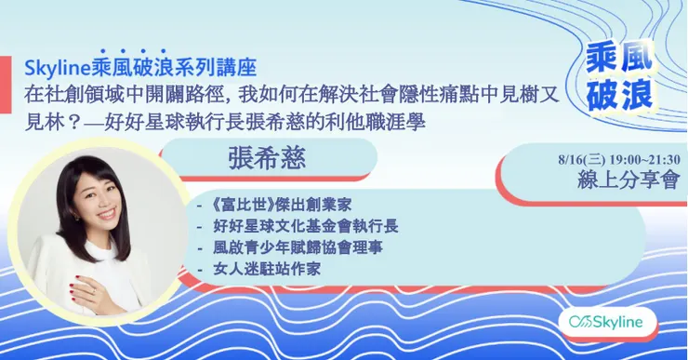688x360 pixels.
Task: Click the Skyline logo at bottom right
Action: pyautogui.click(x=606, y=322)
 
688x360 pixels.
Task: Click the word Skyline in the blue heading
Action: pyautogui.click(x=58, y=69)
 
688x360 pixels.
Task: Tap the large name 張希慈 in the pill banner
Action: pyautogui.click(x=267, y=158)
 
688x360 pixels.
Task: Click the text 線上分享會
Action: pyautogui.click(x=628, y=180)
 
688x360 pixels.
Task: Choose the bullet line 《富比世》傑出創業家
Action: pyautogui.click(x=282, y=205)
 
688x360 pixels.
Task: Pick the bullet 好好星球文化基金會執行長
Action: pyautogui.click(x=306, y=226)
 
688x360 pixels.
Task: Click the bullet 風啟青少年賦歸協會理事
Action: pyautogui.click(x=298, y=247)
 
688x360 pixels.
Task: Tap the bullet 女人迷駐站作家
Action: pyautogui.click(x=267, y=268)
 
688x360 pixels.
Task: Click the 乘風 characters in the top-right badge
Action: pyautogui.click(x=619, y=60)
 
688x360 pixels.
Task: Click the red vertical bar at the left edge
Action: pyautogui.click(x=6, y=85)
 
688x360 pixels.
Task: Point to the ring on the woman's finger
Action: pyautogui.click(x=94, y=290)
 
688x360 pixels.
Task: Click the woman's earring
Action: pyautogui.click(x=75, y=218)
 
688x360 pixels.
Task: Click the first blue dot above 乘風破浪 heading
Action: pyautogui.click(x=103, y=51)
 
